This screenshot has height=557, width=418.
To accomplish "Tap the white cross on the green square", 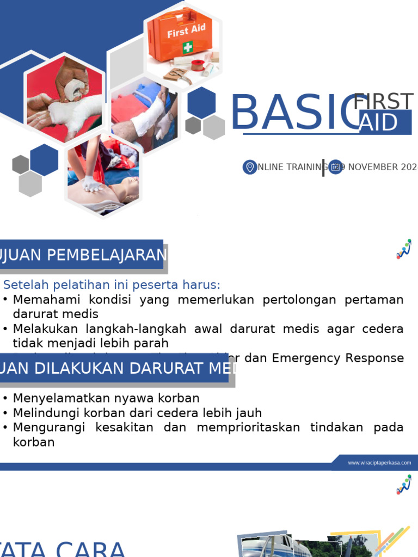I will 188,47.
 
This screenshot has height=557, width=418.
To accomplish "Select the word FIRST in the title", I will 383,102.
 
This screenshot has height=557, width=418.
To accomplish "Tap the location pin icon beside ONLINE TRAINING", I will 250,167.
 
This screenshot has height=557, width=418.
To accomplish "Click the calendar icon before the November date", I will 335,167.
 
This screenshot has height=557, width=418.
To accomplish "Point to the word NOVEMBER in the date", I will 373,167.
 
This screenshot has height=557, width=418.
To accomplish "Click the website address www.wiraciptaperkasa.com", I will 379,463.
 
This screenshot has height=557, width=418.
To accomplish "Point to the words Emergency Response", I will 337,358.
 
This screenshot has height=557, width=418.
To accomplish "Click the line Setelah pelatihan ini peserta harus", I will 112,285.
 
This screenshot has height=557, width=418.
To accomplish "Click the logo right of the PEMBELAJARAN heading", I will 403,249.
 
